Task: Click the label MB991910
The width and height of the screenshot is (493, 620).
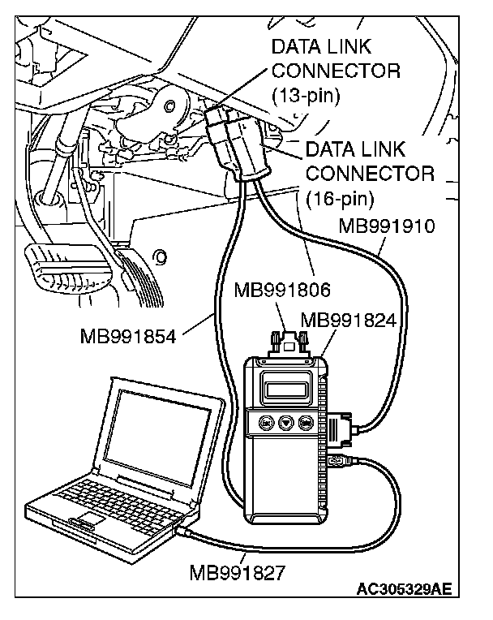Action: tap(386, 225)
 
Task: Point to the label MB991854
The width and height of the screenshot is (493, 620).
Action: tap(128, 334)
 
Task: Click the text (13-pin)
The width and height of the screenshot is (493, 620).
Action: tap(305, 97)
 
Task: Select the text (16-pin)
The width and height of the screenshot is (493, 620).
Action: tap(339, 197)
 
